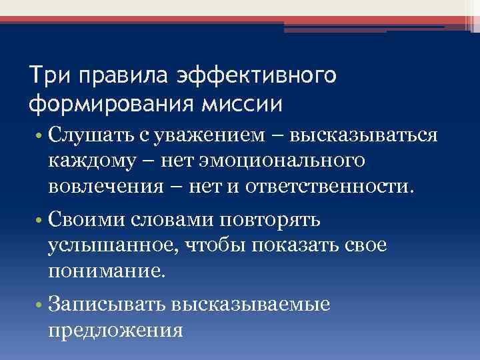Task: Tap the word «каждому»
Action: coord(90,161)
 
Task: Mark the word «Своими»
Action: coord(87,219)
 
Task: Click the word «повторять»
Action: coord(265,219)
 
